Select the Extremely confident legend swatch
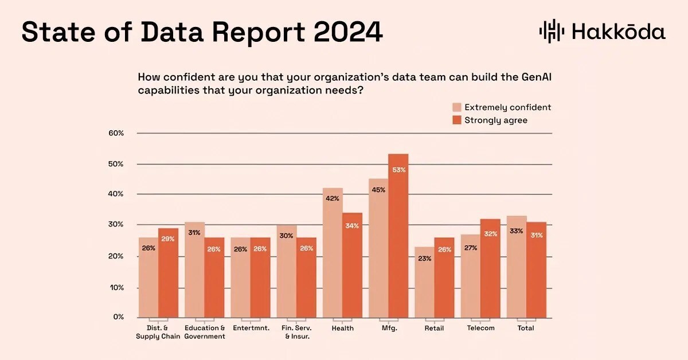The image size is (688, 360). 456,107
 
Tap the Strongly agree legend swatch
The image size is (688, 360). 456,120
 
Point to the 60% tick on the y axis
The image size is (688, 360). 116,133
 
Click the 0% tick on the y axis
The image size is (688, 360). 118,316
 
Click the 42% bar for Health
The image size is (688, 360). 333,253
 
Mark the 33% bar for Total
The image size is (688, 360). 517,267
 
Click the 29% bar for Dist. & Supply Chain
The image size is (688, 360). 169,273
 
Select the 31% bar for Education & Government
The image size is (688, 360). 194,269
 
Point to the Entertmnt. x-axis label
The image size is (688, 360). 251,328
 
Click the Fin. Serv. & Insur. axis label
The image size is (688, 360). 297,332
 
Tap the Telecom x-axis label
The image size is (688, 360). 480,328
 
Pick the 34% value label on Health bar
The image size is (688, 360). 352,226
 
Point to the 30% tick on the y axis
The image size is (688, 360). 116,225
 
